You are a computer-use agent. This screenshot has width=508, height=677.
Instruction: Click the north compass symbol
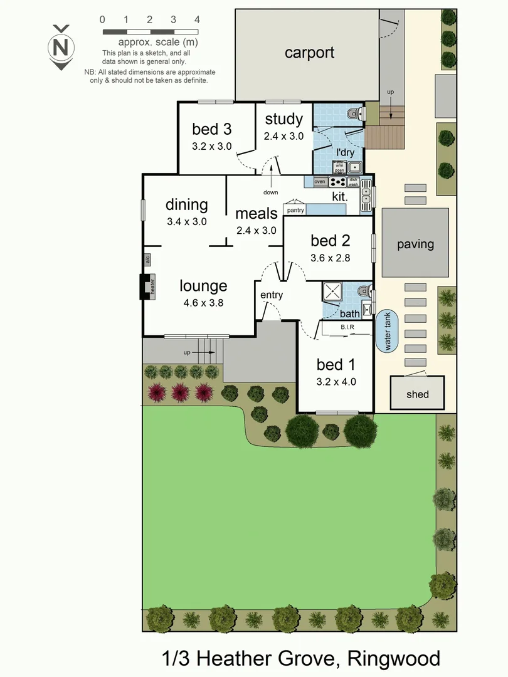pos(61,47)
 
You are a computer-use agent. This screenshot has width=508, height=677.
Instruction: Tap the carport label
pos(309,53)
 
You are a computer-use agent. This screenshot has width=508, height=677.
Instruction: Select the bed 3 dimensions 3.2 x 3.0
pos(212,146)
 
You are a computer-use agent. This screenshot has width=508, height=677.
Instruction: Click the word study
pos(284,119)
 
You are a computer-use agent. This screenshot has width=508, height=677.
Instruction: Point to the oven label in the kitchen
pos(320,182)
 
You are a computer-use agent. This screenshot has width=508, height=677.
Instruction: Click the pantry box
pos(295,210)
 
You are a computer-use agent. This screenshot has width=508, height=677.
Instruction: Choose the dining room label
pos(186,204)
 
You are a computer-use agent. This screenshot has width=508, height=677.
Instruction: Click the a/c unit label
pos(147,260)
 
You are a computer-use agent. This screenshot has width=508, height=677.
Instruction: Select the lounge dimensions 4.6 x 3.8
pos(203,302)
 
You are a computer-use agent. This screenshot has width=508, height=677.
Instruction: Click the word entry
pos(272,295)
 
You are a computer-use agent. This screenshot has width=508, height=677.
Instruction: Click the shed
pos(417,394)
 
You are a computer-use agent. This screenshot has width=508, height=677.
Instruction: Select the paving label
pos(415,244)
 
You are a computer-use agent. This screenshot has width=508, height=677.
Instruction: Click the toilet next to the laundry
pos(355,113)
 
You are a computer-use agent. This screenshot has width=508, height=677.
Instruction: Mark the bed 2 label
pos(330,240)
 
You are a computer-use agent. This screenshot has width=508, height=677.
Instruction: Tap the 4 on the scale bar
pos(197,19)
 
